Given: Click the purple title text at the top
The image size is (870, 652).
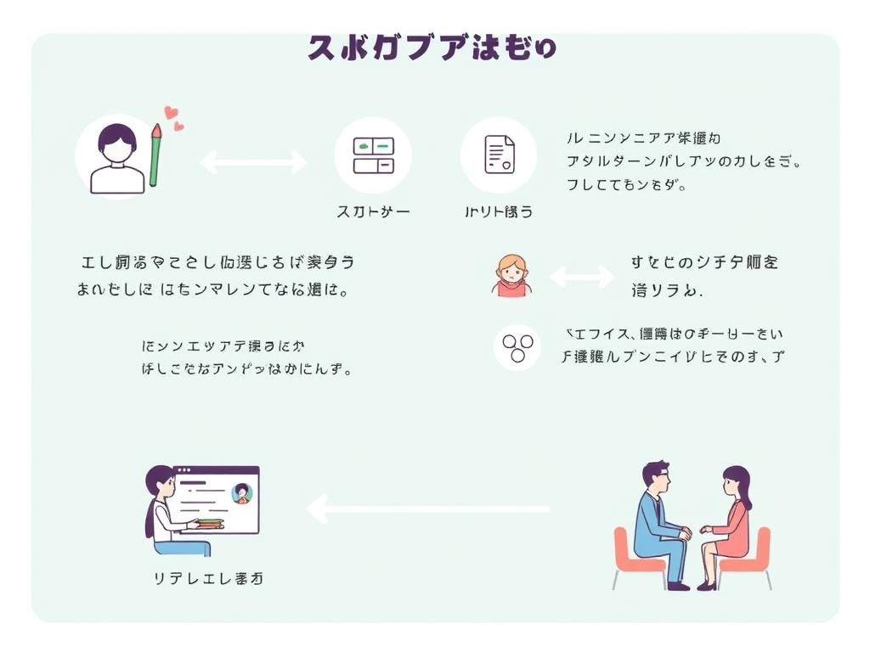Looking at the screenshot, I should click(432, 48).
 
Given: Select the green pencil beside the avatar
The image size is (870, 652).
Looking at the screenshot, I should click(155, 155).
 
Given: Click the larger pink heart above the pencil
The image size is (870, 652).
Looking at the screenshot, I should click(170, 112).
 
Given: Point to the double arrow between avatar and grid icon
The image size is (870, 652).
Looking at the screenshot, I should click(252, 161).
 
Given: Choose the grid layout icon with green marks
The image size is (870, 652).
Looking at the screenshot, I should click(373, 155).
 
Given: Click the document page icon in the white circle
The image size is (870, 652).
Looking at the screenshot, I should click(499, 155).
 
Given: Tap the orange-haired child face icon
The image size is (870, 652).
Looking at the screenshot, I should click(511, 275).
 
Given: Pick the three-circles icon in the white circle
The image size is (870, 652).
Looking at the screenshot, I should click(517, 346).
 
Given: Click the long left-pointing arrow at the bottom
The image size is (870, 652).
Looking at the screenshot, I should click(428, 509).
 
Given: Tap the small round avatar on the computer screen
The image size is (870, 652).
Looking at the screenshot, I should click(242, 493).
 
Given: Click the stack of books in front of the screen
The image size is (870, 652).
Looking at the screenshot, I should click(209, 524).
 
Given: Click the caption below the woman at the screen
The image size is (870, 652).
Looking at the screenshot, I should click(207, 579).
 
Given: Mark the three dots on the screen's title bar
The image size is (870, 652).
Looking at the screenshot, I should click(184, 470).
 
